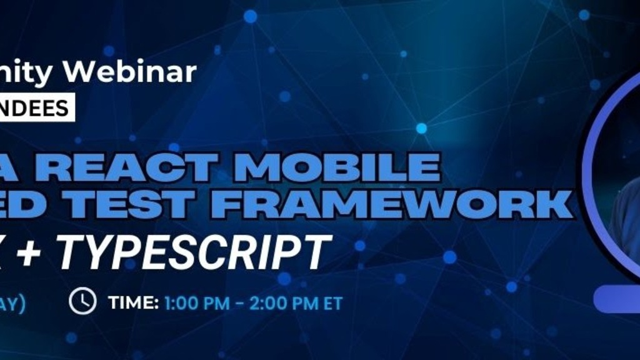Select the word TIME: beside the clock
click(x=133, y=303)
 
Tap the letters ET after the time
click(x=332, y=303)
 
